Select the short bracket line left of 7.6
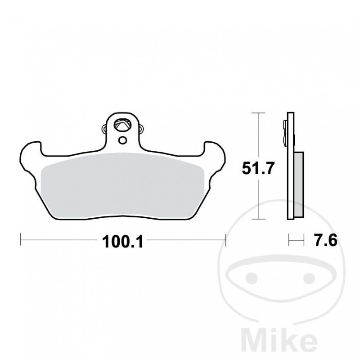294,239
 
